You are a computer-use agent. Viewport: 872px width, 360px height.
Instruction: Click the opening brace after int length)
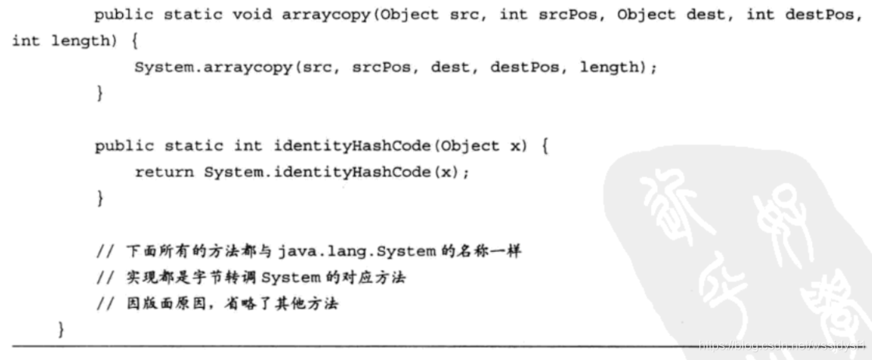coord(125,42)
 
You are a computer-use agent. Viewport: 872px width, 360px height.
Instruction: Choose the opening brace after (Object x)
coord(544,145)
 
